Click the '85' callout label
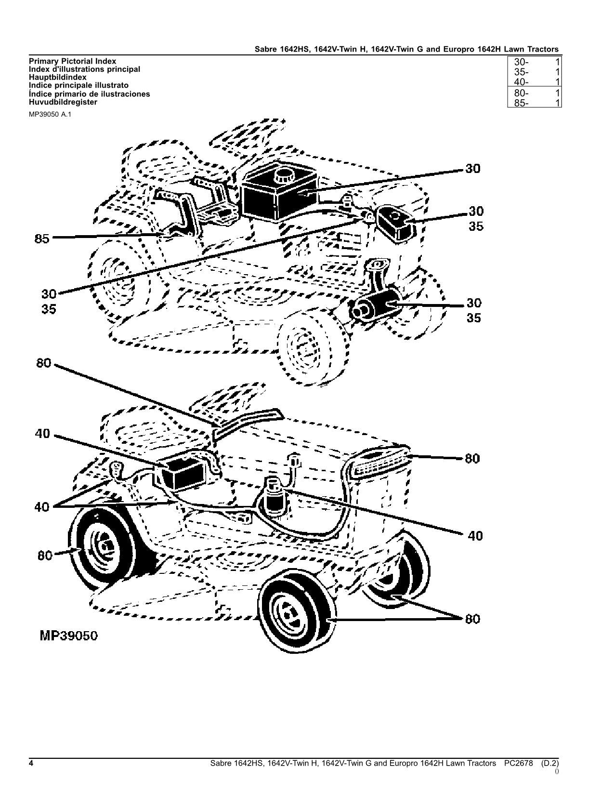tap(42, 238)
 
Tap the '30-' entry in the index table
tap(522, 62)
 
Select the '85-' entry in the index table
tap(522, 103)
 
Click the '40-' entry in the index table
tap(522, 82)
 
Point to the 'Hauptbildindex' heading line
tap(58, 77)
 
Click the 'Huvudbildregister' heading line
tap(63, 102)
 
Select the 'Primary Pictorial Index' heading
tap(72, 61)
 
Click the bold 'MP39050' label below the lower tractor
tap(68, 636)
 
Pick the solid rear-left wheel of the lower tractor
tap(99, 549)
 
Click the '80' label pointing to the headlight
tap(472, 458)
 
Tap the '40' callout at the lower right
tap(475, 535)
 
